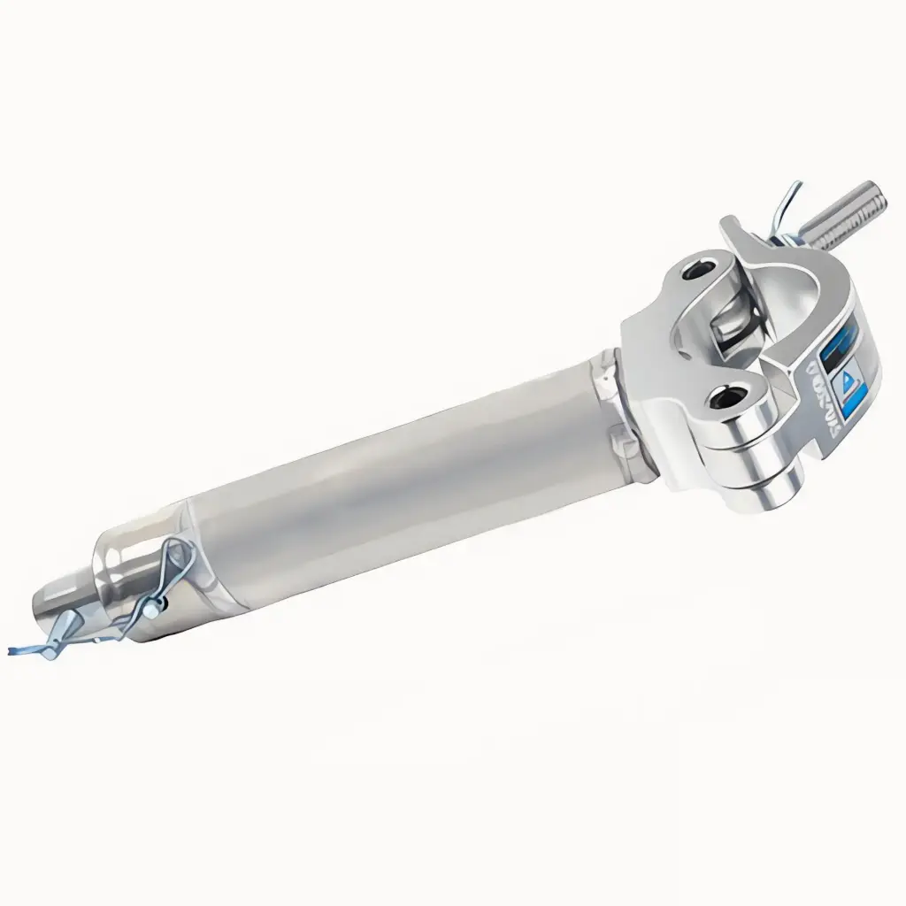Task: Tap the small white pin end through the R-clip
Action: coord(156,608)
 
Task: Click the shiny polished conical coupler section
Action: coord(133,566)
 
